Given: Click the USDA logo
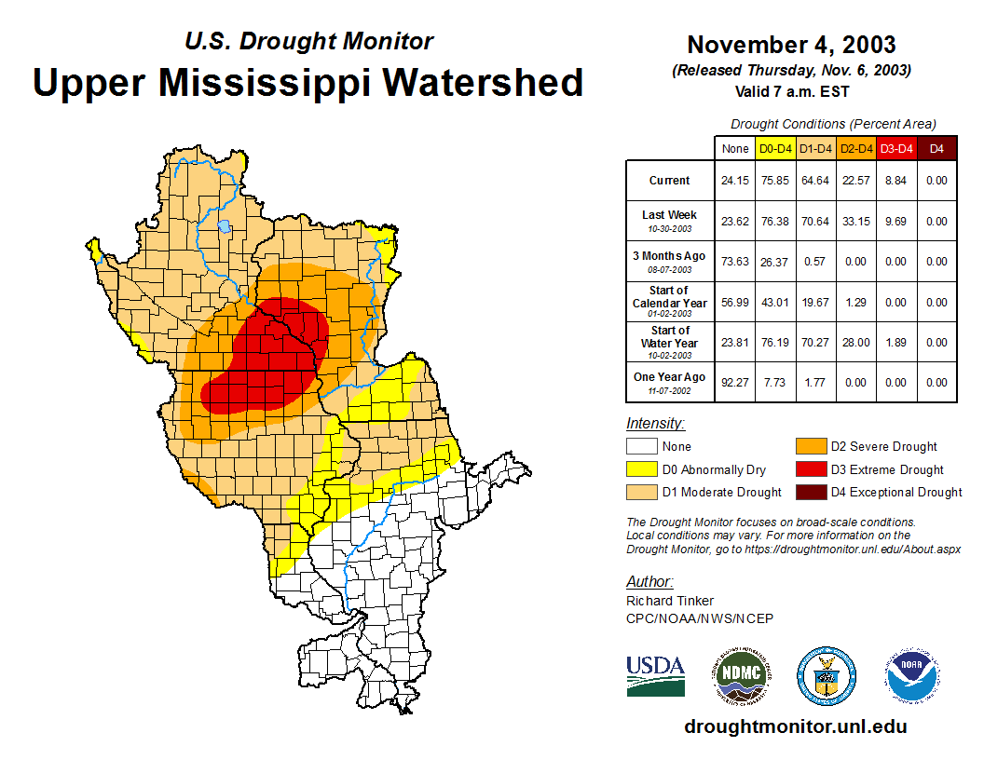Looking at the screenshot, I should (x=655, y=675).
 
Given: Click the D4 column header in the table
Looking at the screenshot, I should (x=936, y=148).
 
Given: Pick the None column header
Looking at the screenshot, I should (x=735, y=148).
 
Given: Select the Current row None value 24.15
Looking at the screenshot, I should (x=735, y=181).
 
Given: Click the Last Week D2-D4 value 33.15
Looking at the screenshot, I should (x=855, y=222).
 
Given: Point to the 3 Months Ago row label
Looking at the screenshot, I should (x=669, y=261).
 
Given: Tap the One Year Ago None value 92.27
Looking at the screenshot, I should (x=735, y=383).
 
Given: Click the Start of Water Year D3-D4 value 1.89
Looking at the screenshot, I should (x=896, y=343).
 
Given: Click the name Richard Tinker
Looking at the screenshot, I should (x=669, y=601).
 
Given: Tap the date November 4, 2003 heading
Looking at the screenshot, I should (x=791, y=45).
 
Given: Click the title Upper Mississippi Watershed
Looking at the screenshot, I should (x=308, y=82).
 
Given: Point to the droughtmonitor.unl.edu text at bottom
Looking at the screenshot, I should (x=795, y=726).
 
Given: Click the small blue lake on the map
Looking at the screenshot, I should (x=225, y=225).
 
